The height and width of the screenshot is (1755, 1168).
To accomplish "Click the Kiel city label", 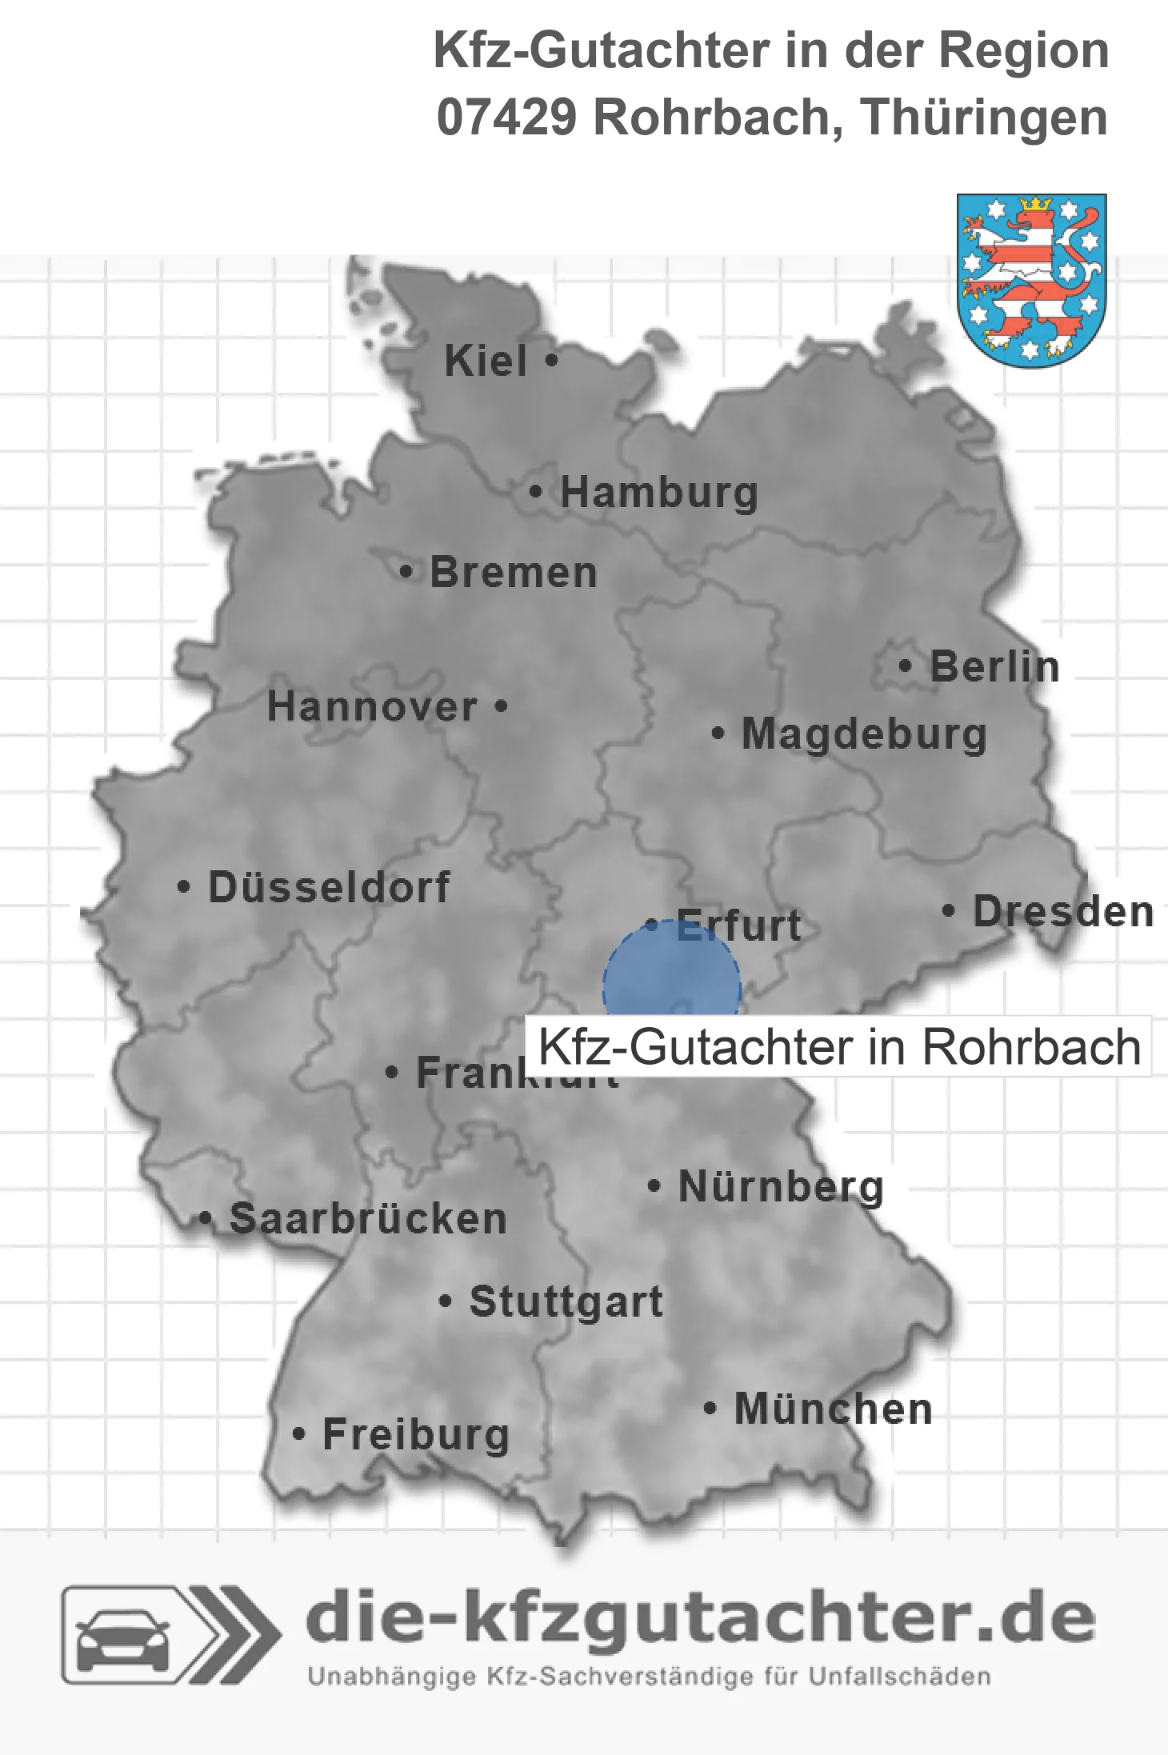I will coord(486,361).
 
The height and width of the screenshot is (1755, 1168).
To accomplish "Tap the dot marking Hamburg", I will coord(536,492).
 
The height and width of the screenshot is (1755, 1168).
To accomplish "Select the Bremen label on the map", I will coord(514,573).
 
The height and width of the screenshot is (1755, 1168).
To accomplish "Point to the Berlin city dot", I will coord(905,666).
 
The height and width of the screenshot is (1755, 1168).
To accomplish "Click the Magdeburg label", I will coord(864,734).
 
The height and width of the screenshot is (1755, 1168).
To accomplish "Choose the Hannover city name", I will coord(372,707).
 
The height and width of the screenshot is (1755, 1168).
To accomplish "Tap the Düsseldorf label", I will coord(329,887).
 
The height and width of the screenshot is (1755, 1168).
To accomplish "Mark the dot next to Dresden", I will coord(948,910).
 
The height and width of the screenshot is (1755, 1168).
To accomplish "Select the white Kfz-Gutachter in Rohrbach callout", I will coord(838,1046).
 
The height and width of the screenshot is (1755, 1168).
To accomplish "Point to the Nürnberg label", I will coord(781,1186).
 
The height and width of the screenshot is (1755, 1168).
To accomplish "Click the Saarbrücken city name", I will coord(368,1219).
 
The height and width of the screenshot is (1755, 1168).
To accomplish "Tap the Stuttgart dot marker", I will coord(446,1301).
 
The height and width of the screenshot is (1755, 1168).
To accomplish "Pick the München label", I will coord(833,1409).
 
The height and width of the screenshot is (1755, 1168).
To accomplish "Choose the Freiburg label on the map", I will coord(416,1434).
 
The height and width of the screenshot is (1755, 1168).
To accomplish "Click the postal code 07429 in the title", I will coord(506,118).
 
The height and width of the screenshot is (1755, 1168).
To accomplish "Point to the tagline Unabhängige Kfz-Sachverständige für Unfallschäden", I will coord(649,1677).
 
